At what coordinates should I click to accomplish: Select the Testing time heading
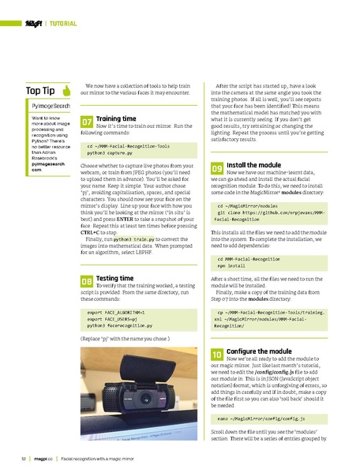[114, 278]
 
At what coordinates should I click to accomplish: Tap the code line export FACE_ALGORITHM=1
[117, 312]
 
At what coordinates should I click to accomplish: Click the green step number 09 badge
[217, 169]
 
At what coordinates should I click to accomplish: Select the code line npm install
[232, 268]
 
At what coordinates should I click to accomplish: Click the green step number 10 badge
[217, 356]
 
